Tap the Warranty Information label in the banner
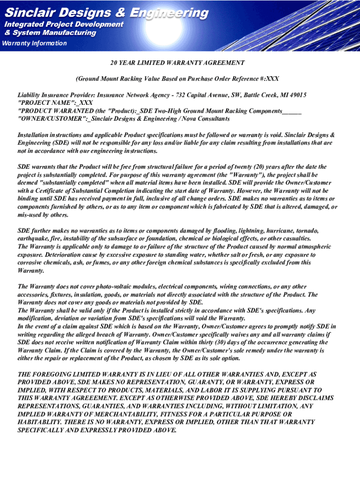[x=35, y=44]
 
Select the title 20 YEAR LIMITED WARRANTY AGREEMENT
[x=177, y=63]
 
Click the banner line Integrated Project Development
[x=64, y=24]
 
